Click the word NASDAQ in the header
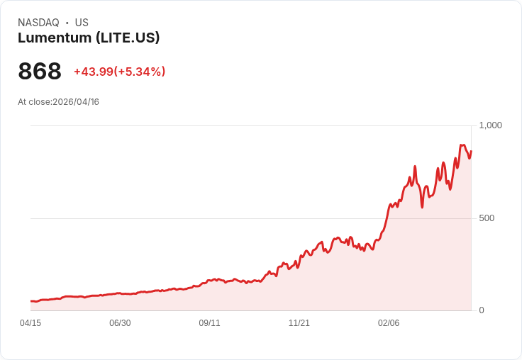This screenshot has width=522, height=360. pos(38,23)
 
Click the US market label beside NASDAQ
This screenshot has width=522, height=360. pos(82,23)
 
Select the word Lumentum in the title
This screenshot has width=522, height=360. pos(54,38)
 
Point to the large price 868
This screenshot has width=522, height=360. pos(40,71)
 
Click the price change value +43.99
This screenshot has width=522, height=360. pos(93,72)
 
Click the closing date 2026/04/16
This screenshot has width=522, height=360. pos(76,102)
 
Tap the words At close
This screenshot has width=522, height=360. pos(34,102)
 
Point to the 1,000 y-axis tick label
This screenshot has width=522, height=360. pos(490,125)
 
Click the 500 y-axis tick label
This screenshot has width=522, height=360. pos(487,218)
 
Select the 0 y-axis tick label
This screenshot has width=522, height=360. pos(482,310)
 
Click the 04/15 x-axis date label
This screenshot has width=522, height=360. pos(30,323)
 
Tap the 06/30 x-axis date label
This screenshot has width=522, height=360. pos(120,323)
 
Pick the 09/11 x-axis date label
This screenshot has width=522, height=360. pos(209,323)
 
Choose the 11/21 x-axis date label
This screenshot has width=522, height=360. pos(299,323)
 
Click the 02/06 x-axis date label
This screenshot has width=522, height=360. pos(388,323)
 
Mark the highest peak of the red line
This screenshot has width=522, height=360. pos(462,145)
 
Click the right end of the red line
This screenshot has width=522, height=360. pos(471,150)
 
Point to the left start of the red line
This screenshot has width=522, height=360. pos(31,301)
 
